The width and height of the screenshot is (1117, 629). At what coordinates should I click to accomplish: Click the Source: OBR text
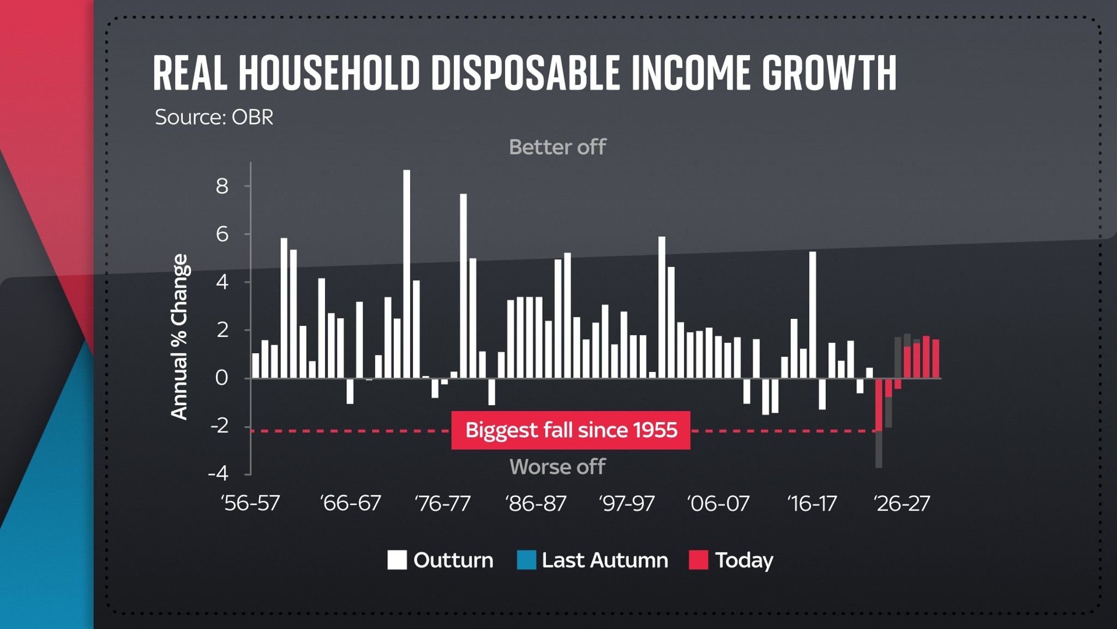point(214,117)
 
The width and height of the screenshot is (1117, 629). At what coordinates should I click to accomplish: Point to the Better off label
point(557,147)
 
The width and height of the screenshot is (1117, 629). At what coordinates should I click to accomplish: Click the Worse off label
point(557,467)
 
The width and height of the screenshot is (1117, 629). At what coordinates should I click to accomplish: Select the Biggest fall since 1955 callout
point(570,430)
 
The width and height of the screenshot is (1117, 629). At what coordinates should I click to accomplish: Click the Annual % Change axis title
point(179,337)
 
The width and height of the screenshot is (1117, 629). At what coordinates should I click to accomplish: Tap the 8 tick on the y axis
point(222,187)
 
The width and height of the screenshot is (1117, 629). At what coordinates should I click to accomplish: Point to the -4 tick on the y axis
point(218,473)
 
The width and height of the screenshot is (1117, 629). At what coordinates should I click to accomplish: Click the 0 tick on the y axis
point(221,378)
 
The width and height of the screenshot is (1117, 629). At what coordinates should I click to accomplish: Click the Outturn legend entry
point(440,560)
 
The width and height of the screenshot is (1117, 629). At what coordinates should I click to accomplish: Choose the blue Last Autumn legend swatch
point(526,560)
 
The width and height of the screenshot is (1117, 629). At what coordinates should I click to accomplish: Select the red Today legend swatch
point(698,560)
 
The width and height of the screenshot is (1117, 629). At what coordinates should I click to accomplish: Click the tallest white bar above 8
point(406,273)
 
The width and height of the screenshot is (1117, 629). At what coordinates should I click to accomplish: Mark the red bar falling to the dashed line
point(879,405)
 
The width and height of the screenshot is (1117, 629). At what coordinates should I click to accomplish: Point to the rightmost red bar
point(935,359)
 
